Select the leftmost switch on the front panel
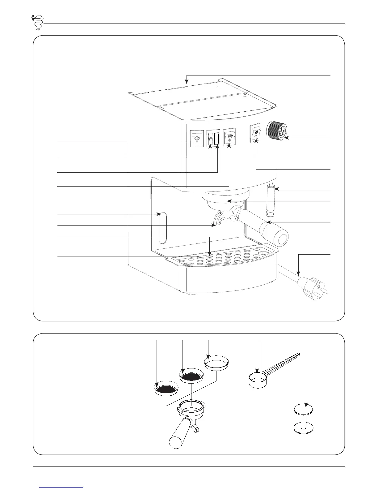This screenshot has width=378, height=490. click(x=197, y=138)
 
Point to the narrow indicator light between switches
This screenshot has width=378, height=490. click(x=217, y=139)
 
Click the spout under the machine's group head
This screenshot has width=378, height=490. click(x=224, y=219)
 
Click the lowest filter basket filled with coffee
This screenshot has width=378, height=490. click(x=166, y=389)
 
